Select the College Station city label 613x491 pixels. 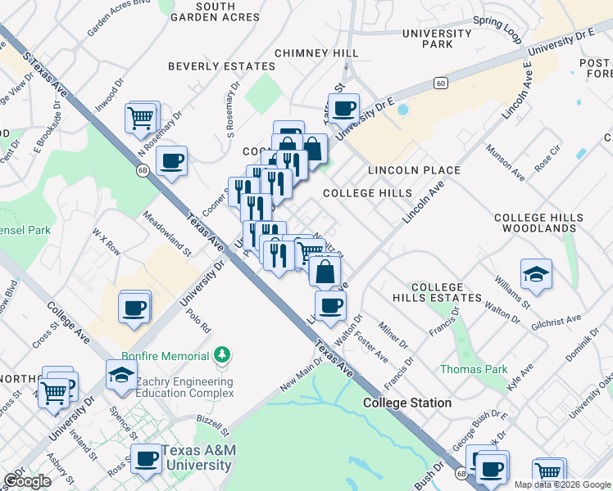pyautogui.click(x=407, y=403)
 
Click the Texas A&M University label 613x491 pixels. pyautogui.click(x=196, y=458)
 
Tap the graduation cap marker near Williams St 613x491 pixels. pyautogui.click(x=536, y=275)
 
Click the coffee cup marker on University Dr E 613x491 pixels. pyautogui.click(x=344, y=108)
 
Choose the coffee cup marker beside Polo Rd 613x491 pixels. pyautogui.click(x=134, y=309)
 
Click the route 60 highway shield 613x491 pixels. pyautogui.click(x=441, y=83)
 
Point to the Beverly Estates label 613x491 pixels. pyautogui.click(x=221, y=66)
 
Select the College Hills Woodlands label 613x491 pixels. pyautogui.click(x=539, y=224)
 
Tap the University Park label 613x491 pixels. pyautogui.click(x=437, y=38)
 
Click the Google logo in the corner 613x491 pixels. pyautogui.click(x=28, y=481)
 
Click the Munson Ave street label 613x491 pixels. pyautogui.click(x=517, y=164)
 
